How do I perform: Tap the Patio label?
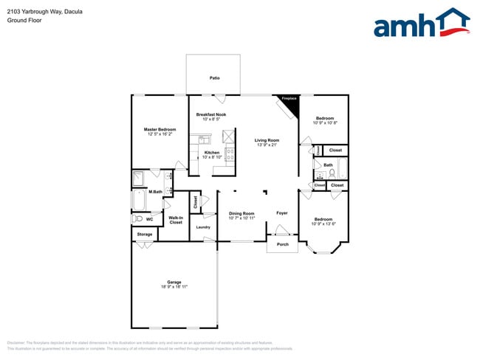215,77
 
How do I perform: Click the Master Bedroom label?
160,130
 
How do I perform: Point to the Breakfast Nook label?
211,114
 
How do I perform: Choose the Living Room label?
267,140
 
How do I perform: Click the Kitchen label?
212,153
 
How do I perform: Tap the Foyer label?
282,213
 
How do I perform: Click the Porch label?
282,244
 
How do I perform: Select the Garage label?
174,282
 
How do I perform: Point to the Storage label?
144,235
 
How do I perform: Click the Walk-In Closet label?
176,220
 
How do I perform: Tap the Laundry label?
203,227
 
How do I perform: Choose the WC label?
149,219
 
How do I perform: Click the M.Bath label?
155,192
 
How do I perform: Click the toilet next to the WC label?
137,219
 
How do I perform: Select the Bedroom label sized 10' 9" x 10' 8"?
325,118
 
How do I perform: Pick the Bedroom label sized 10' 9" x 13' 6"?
323,219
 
